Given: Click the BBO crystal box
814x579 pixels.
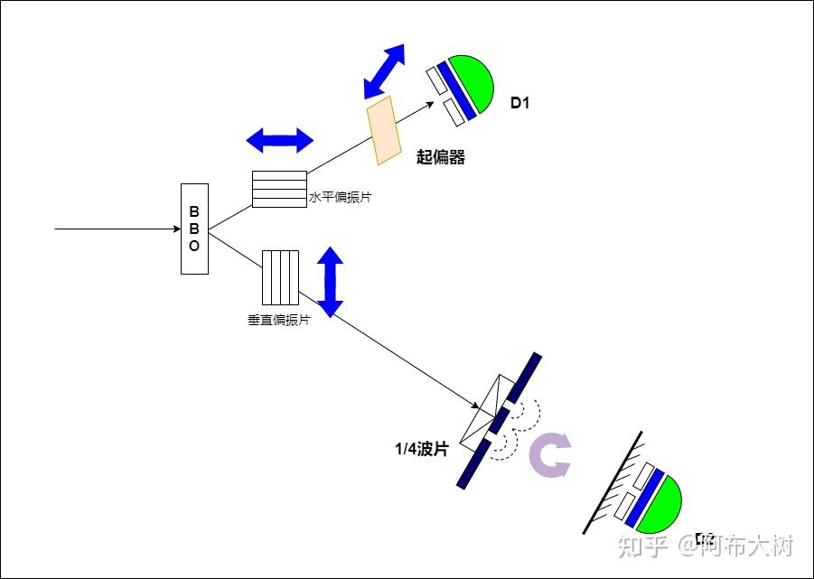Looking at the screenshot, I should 194,229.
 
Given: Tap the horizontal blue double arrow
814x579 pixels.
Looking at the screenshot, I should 280,140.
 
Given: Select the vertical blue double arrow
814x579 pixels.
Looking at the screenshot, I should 331,281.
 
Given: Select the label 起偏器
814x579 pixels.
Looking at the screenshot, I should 440,157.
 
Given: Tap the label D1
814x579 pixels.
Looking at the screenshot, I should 519,103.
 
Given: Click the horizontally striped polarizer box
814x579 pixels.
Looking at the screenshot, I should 279,189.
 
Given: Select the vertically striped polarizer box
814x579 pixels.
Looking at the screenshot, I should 280,277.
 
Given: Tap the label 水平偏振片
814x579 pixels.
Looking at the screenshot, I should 340,197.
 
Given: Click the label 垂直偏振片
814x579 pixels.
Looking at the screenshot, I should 278,320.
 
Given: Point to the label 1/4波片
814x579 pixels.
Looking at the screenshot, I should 421,449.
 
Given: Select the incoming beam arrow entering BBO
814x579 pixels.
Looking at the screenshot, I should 117,229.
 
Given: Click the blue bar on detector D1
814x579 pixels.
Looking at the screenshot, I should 456,90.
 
